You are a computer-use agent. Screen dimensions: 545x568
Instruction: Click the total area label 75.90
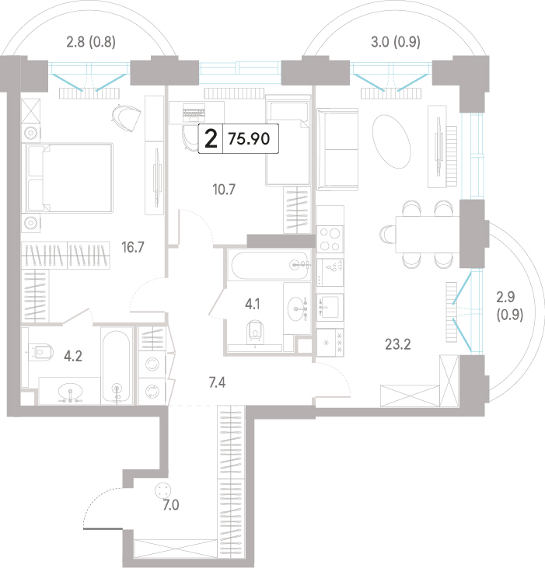pos(249,139)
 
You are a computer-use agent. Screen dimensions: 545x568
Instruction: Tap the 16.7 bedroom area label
pos(133,247)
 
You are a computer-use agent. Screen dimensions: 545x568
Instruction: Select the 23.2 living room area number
pos(398,344)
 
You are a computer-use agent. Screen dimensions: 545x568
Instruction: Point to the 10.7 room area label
pos(224,190)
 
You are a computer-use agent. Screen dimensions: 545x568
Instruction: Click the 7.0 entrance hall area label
pos(171,505)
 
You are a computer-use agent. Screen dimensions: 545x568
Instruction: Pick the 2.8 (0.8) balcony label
pos(91,42)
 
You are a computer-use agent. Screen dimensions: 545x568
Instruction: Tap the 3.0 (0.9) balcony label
pos(396,42)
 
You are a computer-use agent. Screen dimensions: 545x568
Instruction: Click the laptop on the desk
pos(194,113)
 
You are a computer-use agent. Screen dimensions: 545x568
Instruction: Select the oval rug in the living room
pos(392,141)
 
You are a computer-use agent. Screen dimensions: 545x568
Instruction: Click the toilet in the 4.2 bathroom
pos(40,352)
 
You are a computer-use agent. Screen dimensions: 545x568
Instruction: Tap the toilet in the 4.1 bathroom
pos(255,332)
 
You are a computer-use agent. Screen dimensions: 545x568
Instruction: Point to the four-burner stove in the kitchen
pos(330,239)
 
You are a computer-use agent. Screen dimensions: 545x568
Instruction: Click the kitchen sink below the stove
pos(330,307)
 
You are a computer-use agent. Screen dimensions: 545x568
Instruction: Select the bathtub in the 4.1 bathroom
pos(269,266)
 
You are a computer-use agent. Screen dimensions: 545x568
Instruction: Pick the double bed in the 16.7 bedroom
pos(68,177)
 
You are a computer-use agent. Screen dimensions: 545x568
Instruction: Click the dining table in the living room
pos(428,234)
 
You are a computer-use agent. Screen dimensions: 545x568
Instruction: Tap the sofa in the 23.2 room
pos(337,149)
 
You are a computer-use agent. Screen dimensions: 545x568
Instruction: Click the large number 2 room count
pos(211,139)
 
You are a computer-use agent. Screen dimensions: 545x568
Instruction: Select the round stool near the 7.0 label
pos(162,491)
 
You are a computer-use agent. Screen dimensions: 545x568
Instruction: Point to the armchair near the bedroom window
pos(126,118)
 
